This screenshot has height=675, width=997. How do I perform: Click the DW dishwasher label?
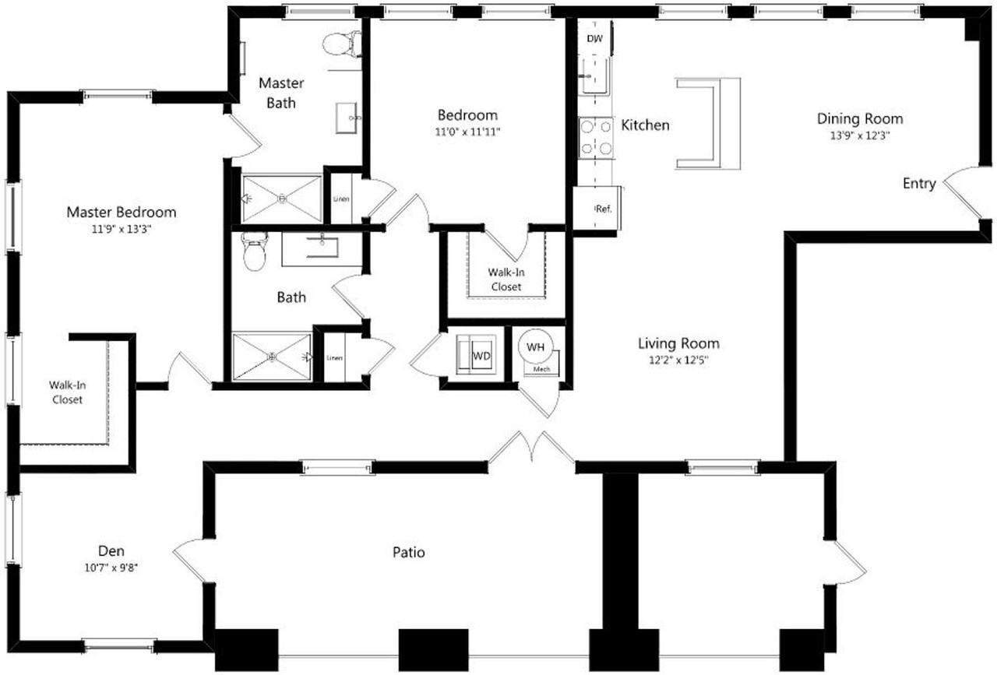tap(594, 37)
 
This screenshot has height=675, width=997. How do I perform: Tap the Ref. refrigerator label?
tap(603, 209)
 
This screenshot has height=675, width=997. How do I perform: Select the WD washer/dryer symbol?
tap(481, 356)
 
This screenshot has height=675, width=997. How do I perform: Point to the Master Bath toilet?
tap(341, 44)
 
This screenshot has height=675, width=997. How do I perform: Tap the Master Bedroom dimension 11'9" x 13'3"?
tap(121, 229)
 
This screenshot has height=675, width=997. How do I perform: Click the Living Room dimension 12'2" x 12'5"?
tap(678, 360)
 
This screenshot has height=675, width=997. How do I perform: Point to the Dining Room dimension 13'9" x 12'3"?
tap(860, 135)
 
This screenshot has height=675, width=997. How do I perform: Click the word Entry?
tap(919, 184)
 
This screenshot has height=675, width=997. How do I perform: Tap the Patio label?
tap(408, 553)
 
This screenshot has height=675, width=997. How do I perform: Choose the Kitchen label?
tap(645, 125)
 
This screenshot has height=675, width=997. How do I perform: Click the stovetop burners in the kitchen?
tap(596, 136)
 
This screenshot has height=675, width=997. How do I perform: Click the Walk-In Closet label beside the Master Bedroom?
tap(67, 392)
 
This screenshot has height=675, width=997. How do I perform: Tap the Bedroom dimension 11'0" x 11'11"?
tap(467, 132)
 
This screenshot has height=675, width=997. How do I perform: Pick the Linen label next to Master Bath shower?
tap(341, 199)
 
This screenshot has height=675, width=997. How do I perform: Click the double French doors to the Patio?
tap(531, 447)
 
